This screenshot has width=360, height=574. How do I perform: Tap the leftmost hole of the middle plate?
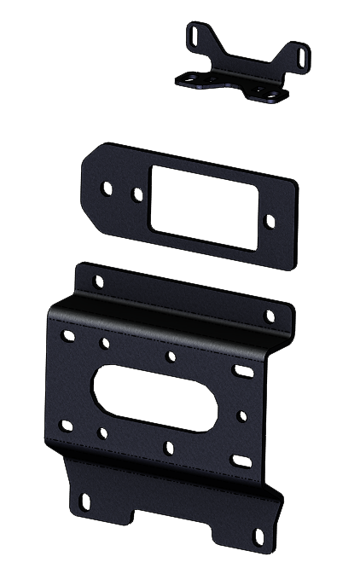point(107,186)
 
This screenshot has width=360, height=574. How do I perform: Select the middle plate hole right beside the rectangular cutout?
point(137,194)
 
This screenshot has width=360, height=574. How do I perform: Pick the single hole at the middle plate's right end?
point(270,221)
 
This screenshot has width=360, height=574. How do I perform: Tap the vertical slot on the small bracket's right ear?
point(301,56)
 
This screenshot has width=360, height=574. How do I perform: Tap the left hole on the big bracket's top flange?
point(98,281)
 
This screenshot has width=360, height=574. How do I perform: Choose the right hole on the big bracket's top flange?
point(270,316)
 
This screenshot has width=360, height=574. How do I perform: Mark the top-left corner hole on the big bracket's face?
point(68,336)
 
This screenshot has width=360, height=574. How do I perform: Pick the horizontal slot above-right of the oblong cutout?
point(243,370)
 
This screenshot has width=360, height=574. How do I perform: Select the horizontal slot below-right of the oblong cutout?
point(241,461)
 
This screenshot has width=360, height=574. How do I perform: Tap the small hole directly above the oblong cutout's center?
point(171,356)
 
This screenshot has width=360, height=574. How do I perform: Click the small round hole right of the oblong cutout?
point(242,416)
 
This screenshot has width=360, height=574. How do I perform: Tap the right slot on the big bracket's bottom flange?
point(259,536)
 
